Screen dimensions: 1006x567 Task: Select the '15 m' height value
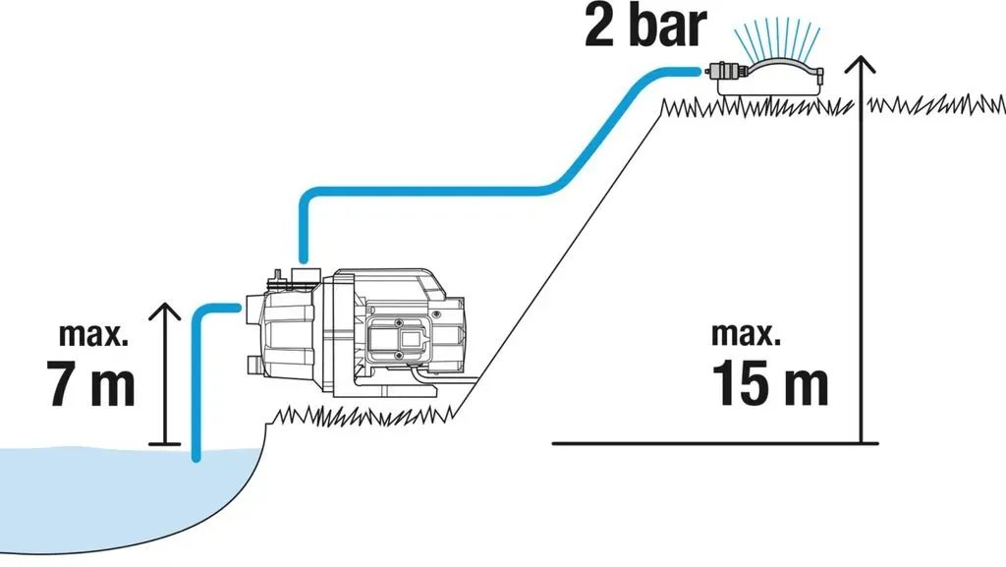point(770,383)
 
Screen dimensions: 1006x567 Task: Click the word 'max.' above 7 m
point(93,335)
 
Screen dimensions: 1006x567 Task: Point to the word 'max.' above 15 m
point(747,335)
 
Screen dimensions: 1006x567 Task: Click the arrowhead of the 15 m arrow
point(861,63)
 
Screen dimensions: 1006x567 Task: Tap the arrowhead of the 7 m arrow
point(165,311)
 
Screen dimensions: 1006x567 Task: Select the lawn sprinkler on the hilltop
point(763,77)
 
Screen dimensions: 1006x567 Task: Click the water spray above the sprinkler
point(777,37)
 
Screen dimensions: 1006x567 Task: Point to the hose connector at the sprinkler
point(722,69)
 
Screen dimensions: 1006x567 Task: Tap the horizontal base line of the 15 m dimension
point(715,442)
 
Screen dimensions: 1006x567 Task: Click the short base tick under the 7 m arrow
point(165,443)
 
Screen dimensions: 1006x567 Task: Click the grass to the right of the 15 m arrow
point(936,104)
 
